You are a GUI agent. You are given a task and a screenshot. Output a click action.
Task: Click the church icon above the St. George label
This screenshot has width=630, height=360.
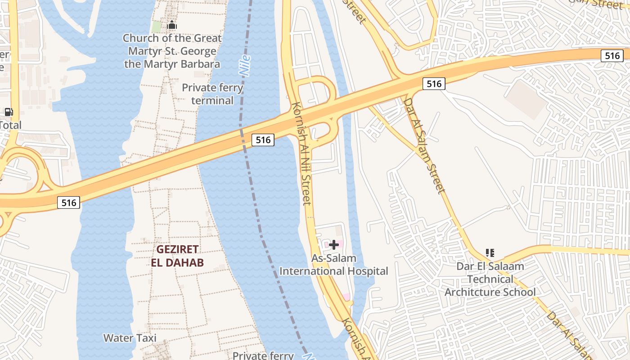coord(172,26)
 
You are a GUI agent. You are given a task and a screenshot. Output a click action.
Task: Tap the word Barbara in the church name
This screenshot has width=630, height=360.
coord(198,64)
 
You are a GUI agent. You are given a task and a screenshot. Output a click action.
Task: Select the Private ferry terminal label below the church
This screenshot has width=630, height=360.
coord(212,94)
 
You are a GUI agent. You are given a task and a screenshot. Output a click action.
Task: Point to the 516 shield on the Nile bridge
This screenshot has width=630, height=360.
coord(263,140)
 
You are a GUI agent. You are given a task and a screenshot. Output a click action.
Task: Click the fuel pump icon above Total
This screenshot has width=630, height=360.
coord(9,112)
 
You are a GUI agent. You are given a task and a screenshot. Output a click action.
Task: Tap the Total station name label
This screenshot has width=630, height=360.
coord(10,125)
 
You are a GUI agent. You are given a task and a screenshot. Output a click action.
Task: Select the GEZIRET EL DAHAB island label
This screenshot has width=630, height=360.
coord(178,256)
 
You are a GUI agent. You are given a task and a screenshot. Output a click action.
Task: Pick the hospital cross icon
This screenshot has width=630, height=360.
coord(334,245)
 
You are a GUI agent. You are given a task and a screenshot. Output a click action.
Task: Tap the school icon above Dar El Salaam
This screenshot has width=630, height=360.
coord(490,253)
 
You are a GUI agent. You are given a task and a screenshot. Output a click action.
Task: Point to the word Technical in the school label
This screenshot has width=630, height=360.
coord(490,279)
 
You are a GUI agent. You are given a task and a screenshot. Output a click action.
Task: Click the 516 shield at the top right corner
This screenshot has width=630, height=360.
coord(612,56)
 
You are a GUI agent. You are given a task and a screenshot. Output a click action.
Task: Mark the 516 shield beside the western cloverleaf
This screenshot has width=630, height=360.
coord(69,202)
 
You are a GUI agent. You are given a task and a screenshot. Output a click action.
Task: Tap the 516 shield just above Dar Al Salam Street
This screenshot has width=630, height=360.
coord(433,83)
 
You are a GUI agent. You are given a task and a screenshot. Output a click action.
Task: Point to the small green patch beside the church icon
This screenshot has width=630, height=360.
coord(156,27)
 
